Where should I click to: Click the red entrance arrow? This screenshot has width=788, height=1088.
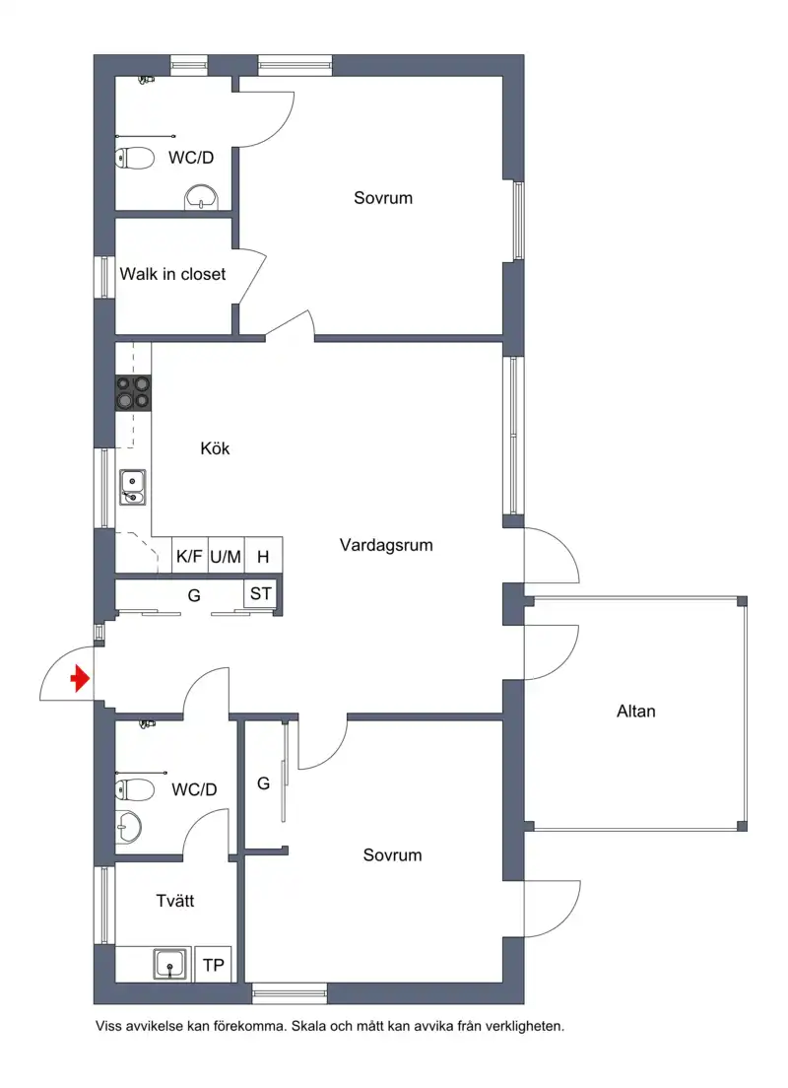coord(81,679)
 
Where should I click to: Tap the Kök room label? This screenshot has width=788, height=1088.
coord(215,448)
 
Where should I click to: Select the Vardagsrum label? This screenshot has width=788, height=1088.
coord(386,545)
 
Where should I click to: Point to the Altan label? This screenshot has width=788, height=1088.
coord(636,712)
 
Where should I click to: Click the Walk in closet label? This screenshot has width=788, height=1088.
coord(172,274)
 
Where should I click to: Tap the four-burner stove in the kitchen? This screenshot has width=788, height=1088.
coord(133,393)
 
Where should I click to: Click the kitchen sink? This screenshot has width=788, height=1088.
coord(133,487)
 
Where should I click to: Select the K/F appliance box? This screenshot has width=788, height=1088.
coord(189,556)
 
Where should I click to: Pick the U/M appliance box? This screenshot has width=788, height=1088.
coord(226,556)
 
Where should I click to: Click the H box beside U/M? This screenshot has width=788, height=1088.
coord(263,556)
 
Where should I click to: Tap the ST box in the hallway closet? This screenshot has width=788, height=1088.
coord(261,594)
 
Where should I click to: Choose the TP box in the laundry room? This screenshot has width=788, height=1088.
coord(214,965)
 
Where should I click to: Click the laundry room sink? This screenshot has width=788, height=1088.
coord(170,965)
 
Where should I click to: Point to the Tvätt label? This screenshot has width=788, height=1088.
coord(174,901)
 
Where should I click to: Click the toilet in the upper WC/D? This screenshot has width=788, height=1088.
coord(135,159)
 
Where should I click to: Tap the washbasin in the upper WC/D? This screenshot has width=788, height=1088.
coord(202,197)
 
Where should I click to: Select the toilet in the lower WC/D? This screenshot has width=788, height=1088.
coord(135,789)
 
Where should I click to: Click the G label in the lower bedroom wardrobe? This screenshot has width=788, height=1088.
coord(264,783)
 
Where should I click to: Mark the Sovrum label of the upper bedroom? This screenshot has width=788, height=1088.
coord(383,198)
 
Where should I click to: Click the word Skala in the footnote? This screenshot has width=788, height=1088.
coord(310,1026)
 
